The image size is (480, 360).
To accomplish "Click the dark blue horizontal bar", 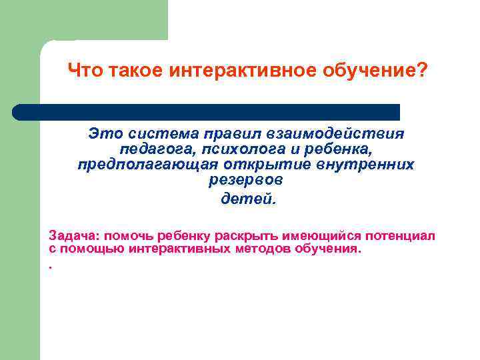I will coord(207,111).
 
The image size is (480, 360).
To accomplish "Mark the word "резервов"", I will coord(245,179).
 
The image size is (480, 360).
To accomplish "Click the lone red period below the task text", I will coord(50,265).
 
